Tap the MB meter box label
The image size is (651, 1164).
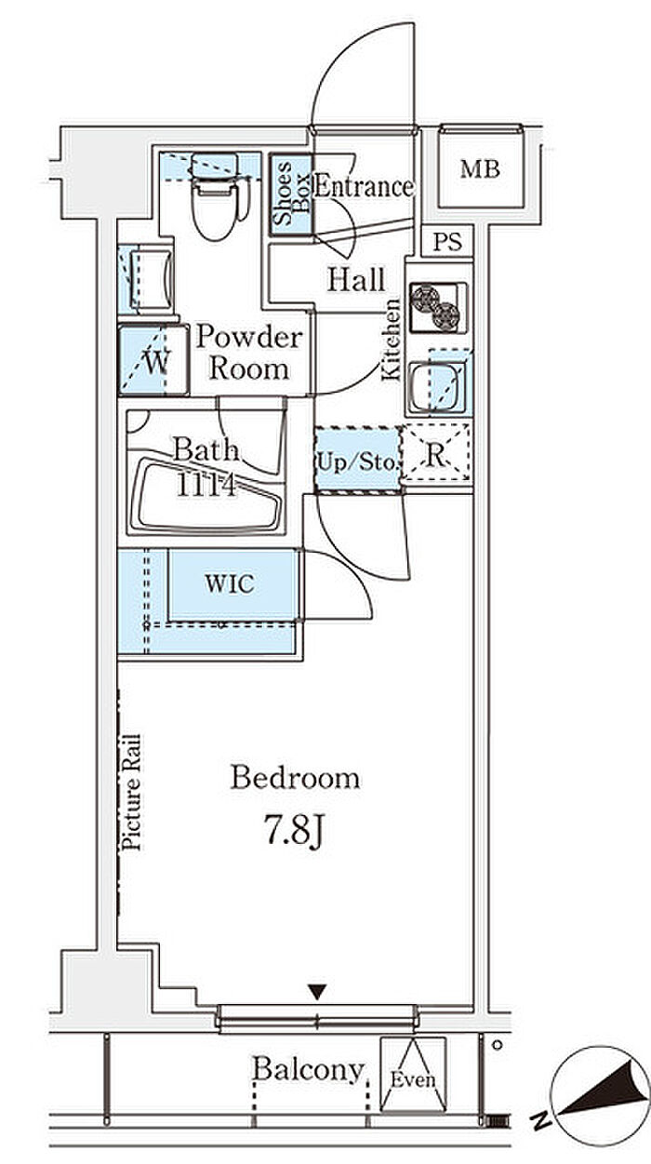point(480,169)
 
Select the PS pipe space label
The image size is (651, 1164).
point(447,242)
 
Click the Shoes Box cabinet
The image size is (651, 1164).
point(291,194)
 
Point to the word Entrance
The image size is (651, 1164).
point(365,186)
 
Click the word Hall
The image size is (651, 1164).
point(356,279)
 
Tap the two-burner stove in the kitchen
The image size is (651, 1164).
point(437,308)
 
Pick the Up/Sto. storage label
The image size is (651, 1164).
point(357,462)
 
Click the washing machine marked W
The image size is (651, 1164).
point(153,360)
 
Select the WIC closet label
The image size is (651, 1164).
point(230,583)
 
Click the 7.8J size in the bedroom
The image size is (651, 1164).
point(295,831)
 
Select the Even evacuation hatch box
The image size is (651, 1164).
point(413,1074)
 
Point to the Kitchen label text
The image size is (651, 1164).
point(392,340)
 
